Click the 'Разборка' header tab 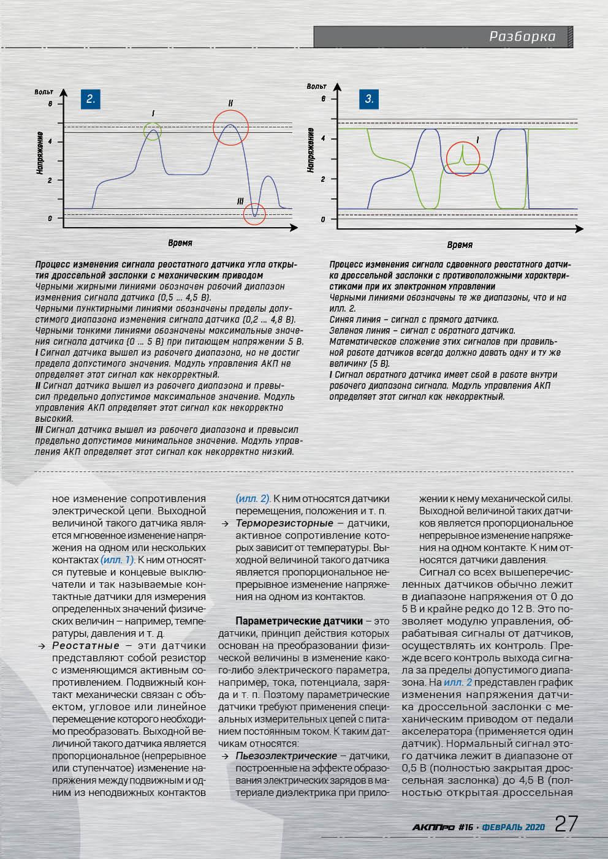tap(522, 37)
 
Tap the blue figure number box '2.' tap(90, 99)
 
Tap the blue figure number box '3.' tap(369, 99)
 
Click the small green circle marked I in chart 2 tap(153, 130)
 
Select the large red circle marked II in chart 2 tap(230, 128)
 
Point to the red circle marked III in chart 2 tap(254, 214)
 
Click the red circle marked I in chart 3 tap(463, 159)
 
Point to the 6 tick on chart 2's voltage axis tap(50, 104)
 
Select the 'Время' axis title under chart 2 tap(180, 243)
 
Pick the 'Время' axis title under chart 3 tap(459, 245)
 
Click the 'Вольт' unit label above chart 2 tap(44, 91)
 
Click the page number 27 tap(566, 823)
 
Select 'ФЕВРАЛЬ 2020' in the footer tap(514, 827)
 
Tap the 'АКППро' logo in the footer tap(433, 827)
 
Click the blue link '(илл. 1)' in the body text tap(116, 560)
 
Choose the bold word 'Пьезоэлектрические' tap(286, 756)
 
